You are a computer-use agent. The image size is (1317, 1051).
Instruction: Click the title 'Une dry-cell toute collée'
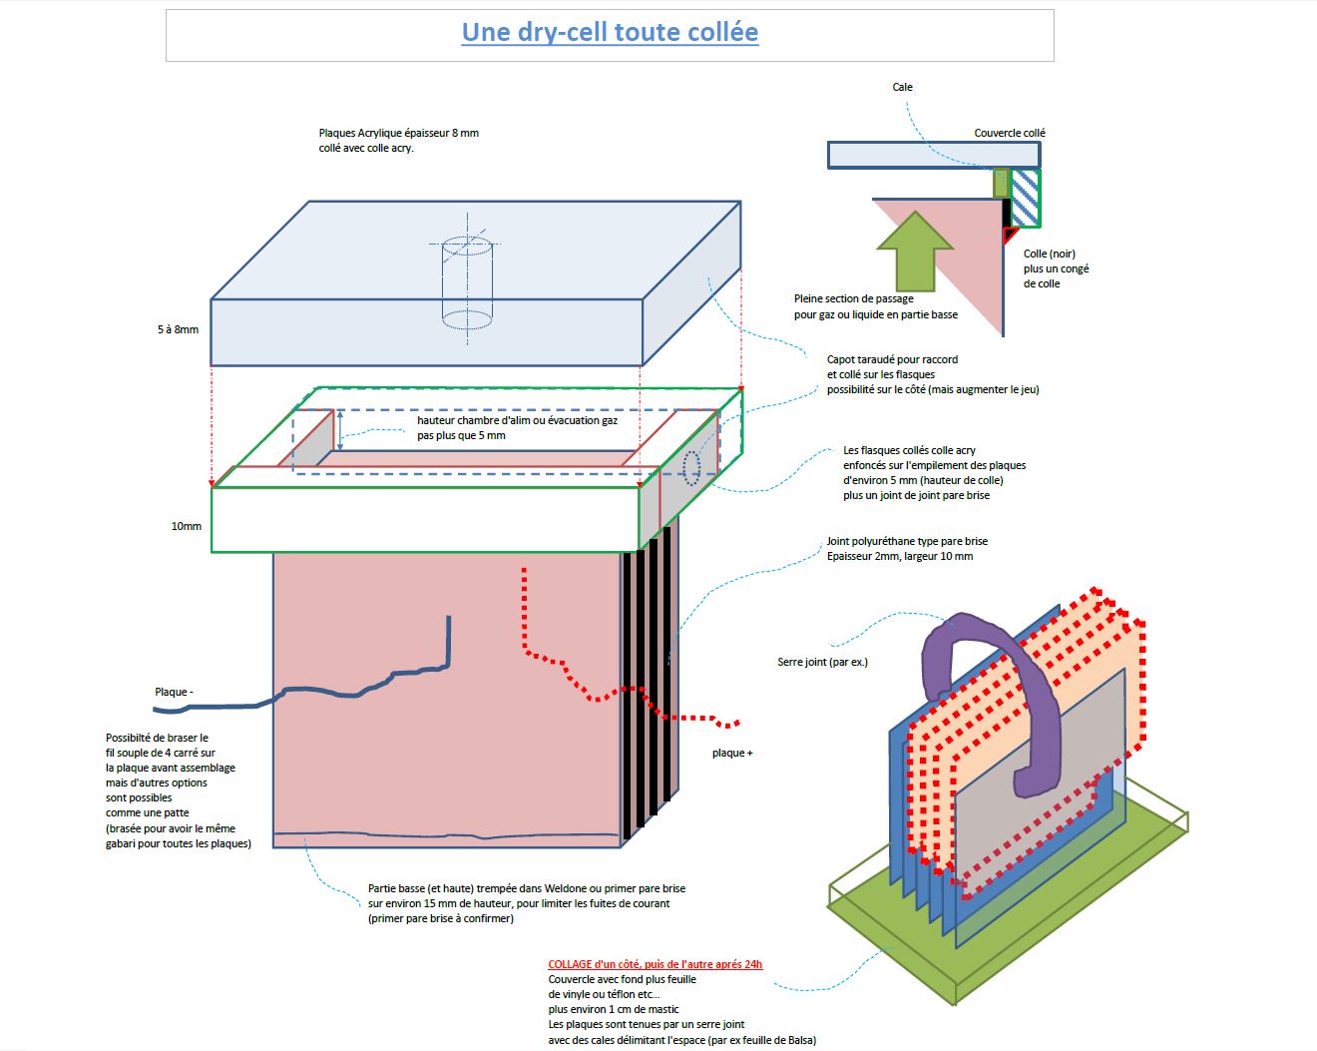point(610,33)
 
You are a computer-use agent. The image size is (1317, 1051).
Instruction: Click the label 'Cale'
point(902,88)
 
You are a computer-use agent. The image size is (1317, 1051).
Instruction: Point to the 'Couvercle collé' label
point(1010,133)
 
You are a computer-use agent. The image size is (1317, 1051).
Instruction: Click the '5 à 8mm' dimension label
point(178,329)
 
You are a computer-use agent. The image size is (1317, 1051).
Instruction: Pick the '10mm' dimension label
point(186,526)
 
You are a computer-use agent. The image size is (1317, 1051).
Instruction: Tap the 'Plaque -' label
point(174,692)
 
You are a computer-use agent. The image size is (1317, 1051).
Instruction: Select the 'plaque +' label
point(732,753)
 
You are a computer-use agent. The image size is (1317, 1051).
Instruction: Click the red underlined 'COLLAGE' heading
point(655,964)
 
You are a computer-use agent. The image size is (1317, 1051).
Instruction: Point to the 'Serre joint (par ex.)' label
point(822,662)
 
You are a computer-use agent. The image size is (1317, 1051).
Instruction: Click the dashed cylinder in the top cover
point(467,283)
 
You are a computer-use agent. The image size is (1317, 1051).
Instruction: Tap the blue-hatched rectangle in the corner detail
point(1026,198)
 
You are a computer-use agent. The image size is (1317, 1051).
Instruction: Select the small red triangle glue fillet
point(1010,235)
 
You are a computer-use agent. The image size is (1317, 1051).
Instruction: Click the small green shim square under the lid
point(1001,184)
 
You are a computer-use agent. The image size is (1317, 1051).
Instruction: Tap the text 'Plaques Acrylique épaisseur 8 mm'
point(398,133)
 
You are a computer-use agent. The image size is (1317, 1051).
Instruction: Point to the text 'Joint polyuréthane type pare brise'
point(907,541)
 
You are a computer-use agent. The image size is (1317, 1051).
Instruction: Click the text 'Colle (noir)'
point(1049,254)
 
